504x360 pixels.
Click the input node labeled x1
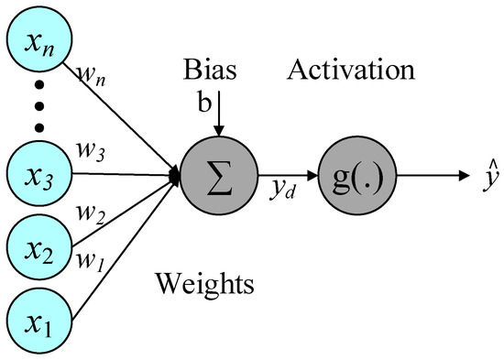coord(38,322)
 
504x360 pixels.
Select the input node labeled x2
coord(38,249)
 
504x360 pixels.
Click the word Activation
coord(352,70)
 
